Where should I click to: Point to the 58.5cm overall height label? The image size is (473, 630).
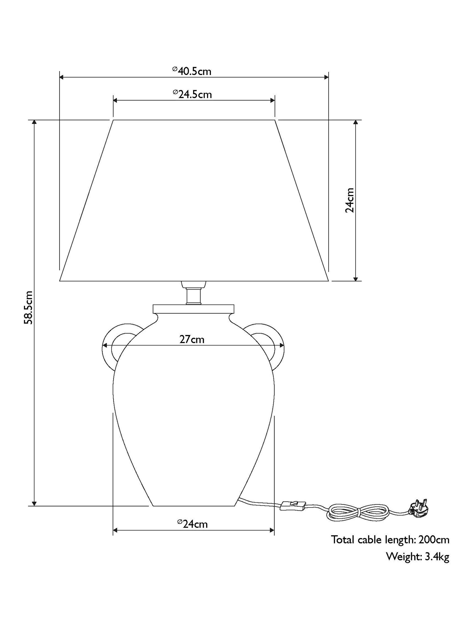pos(29,308)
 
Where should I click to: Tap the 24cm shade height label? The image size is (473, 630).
pos(350,200)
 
